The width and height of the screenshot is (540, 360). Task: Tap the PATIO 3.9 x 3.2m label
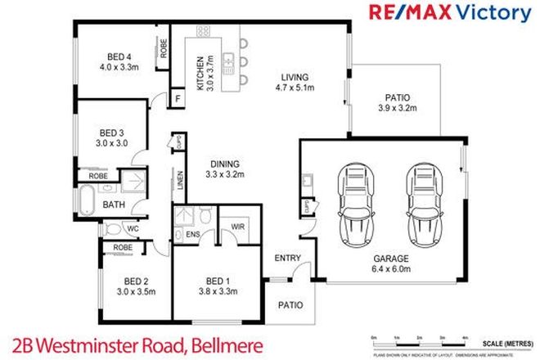click(394, 101)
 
